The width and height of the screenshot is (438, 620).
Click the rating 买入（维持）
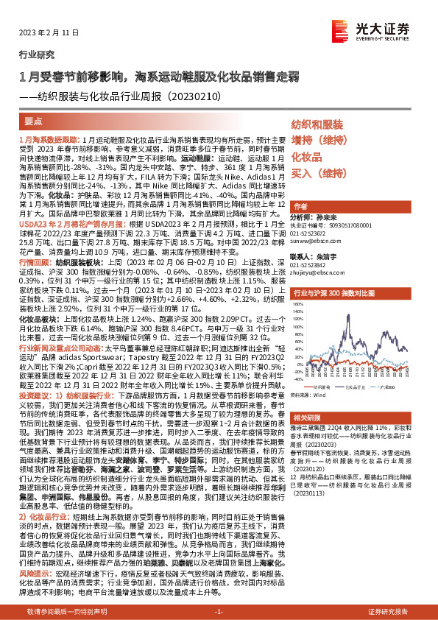click(x=317, y=174)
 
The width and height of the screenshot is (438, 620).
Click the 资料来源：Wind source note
click(x=309, y=395)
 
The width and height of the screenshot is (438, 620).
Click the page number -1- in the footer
click(x=219, y=611)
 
